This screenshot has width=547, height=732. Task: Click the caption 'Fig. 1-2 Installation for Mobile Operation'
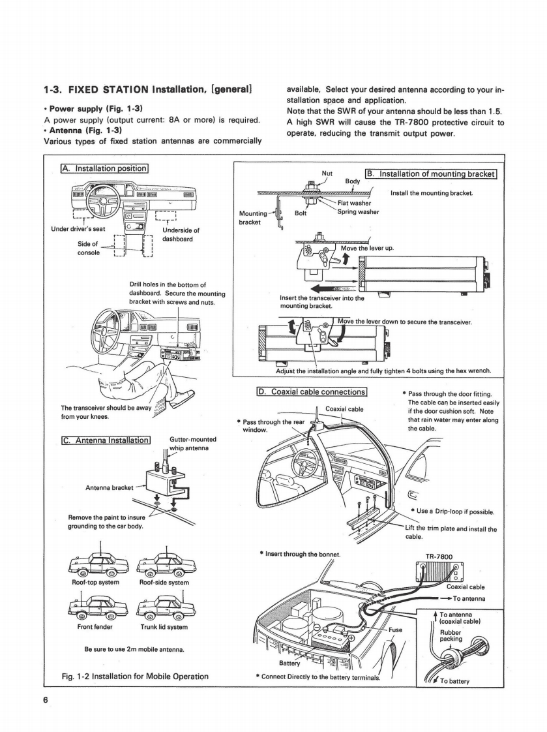pyautogui.click(x=134, y=676)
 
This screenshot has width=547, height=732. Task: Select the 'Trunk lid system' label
pyautogui.click(x=164, y=626)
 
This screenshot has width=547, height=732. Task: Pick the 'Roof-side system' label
pyautogui.click(x=164, y=582)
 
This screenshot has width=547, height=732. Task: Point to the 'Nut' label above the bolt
pyautogui.click(x=328, y=174)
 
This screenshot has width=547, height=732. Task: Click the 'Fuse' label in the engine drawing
pyautogui.click(x=396, y=631)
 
